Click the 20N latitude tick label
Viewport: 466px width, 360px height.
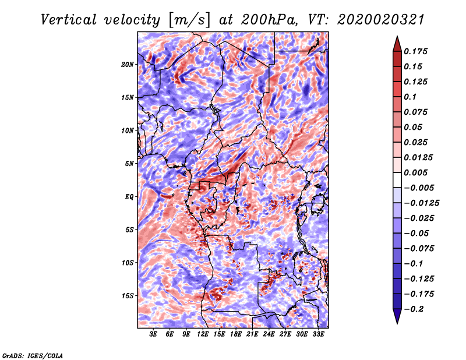coord(128,65)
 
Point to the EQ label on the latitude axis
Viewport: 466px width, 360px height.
coord(129,197)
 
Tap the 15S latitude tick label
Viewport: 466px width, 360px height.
coord(128,296)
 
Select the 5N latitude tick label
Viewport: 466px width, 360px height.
coord(129,164)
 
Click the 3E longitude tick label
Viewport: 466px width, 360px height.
coord(153,334)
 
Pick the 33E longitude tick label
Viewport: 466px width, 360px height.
coord(318,334)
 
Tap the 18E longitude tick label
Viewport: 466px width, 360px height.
coord(236,334)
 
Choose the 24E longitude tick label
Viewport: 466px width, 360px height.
coord(269,334)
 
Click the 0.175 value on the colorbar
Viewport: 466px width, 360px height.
coord(415,51)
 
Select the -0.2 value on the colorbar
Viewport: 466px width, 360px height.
coord(414,309)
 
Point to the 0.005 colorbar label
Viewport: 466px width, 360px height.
coord(415,172)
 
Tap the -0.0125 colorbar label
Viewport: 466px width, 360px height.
coord(421,203)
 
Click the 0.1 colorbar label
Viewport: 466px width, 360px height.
coord(410,97)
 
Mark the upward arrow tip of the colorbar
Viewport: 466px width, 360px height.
coord(397,36)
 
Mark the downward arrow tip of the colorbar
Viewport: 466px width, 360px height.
coord(397,323)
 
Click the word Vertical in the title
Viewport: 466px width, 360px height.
coord(68,20)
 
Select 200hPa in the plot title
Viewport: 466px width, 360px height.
coord(269,20)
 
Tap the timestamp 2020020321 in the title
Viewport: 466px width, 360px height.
coord(381,20)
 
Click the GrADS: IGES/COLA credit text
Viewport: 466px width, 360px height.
coord(33,355)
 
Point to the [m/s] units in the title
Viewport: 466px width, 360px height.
coord(189,20)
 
